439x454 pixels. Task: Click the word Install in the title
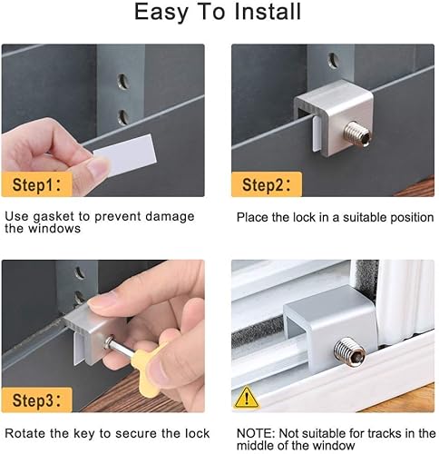click(268, 12)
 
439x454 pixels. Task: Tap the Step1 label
click(37, 184)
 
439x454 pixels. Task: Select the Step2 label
click(267, 184)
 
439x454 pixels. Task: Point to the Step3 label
click(37, 400)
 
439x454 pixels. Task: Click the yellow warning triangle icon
click(247, 398)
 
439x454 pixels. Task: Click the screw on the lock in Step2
click(357, 133)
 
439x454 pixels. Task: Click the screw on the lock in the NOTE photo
click(350, 352)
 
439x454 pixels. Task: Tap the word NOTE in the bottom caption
click(256, 433)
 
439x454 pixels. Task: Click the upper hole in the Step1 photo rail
click(123, 81)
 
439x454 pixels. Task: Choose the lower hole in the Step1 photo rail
click(123, 117)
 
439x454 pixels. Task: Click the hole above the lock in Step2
click(334, 61)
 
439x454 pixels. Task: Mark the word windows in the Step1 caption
click(54, 229)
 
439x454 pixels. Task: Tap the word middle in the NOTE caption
click(255, 446)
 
